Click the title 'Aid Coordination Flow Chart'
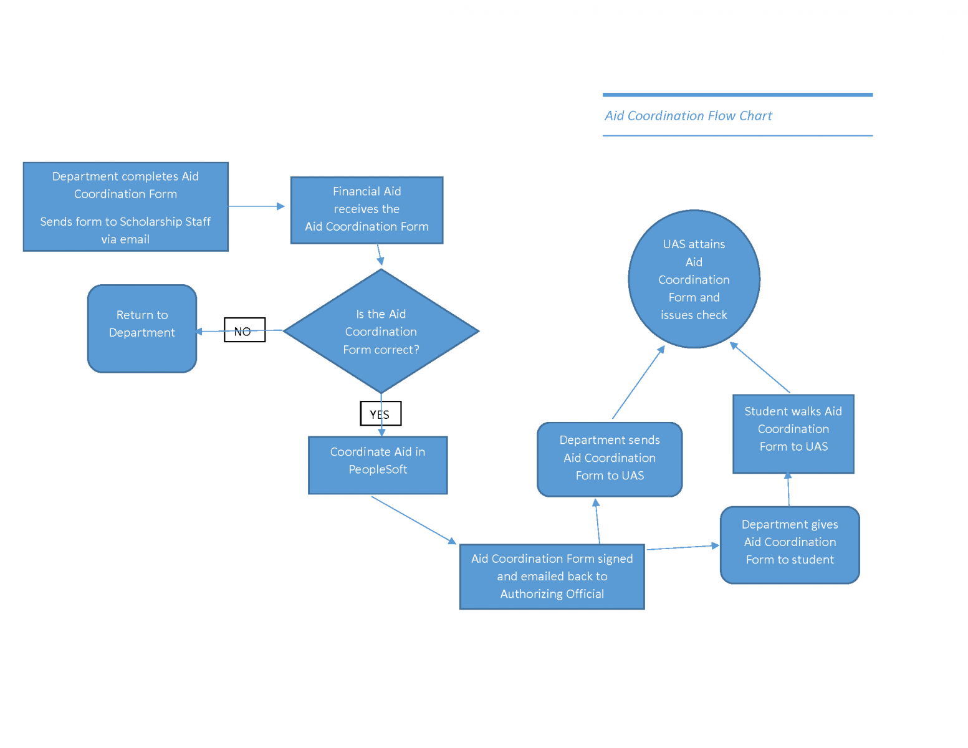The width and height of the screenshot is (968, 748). coord(688,116)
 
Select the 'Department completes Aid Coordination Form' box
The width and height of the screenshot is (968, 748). coord(125,207)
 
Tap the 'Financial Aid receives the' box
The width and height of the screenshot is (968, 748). coord(367,210)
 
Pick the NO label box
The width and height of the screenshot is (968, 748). coord(244,330)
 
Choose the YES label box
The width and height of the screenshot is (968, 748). coord(380,413)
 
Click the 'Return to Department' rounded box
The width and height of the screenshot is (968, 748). coord(142,328)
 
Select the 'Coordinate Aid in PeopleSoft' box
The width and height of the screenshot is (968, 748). coord(378,465)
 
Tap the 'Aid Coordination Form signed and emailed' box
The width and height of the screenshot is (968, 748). coord(552,577)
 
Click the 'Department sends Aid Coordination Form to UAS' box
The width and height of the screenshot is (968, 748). coord(610,459)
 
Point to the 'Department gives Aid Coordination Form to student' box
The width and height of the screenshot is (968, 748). coord(790,545)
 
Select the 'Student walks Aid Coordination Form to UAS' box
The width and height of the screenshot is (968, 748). coord(793,434)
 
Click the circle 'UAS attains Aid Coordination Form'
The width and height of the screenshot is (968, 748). coord(694,279)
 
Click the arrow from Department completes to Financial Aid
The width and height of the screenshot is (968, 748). coord(256,206)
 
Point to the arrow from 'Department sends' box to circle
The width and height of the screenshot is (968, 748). coord(638,382)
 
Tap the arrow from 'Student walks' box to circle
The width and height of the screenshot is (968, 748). coord(760,368)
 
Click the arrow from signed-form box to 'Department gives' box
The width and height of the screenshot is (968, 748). coord(683,547)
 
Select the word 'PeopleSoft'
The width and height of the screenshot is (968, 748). coord(378,469)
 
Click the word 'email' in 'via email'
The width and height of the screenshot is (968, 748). coord(134,239)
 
